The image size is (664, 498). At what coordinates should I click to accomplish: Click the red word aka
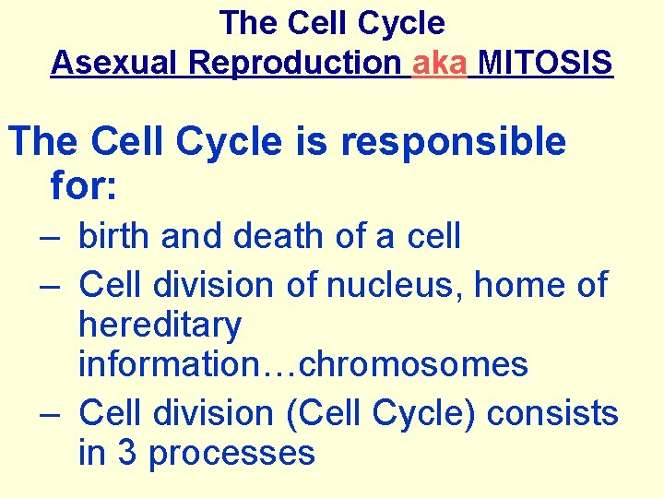439,63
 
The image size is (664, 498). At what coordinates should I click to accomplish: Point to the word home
519,285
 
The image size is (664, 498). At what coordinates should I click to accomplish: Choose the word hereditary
160,326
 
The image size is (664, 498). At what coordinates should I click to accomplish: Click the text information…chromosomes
302,365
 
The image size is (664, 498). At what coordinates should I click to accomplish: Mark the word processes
231,454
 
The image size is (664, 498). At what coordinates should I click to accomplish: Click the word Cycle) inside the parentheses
423,413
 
